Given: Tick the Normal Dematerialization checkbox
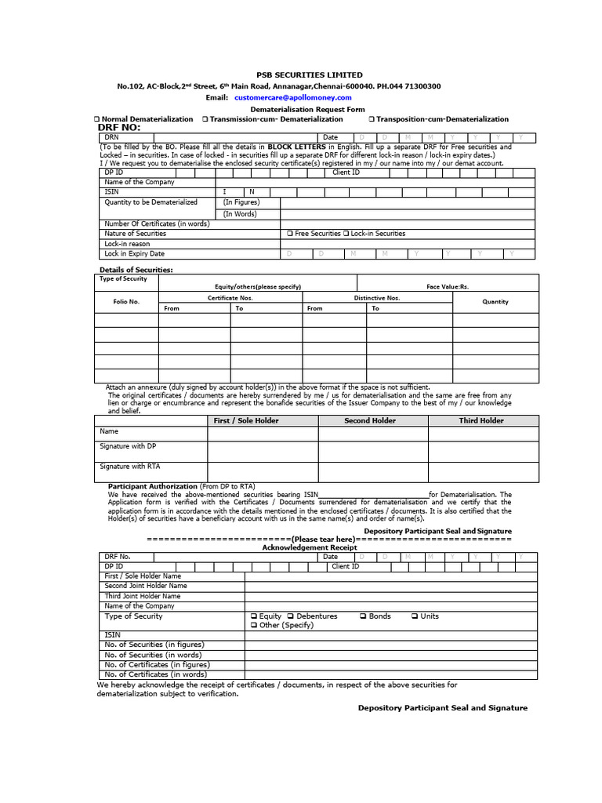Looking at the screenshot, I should click(x=96, y=119).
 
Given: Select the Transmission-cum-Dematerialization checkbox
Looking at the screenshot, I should click(x=205, y=119).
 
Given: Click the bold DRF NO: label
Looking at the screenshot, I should click(x=119, y=127).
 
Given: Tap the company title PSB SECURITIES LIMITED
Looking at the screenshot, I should click(x=300, y=74).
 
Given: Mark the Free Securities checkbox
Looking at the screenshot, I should click(x=290, y=234).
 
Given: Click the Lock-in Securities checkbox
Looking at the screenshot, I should click(x=346, y=234).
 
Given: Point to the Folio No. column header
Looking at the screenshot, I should click(x=126, y=302).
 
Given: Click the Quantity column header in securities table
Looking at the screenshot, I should click(x=495, y=302).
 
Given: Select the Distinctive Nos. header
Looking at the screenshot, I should click(x=377, y=298).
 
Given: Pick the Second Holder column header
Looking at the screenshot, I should click(x=370, y=421).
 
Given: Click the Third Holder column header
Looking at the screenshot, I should click(x=481, y=421).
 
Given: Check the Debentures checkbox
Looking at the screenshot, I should click(x=290, y=616).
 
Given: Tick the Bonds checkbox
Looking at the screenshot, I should click(x=363, y=616).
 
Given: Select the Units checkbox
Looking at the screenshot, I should click(x=415, y=616).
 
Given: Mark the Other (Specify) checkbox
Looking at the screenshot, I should click(x=253, y=626).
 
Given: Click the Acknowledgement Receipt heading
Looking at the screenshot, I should click(x=309, y=547).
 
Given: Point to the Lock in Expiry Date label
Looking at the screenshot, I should click(x=134, y=254).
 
